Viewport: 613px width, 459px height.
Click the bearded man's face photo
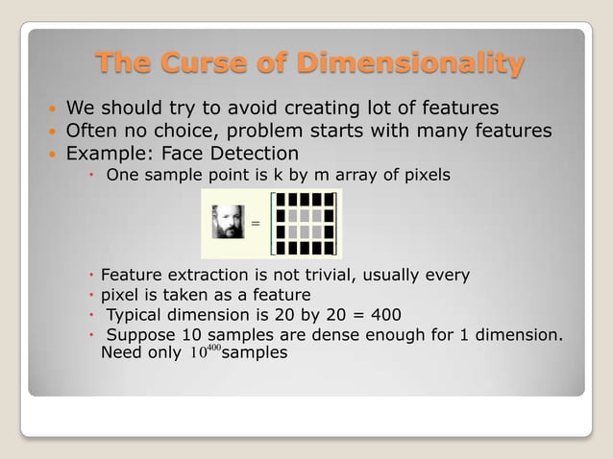(x=228, y=222)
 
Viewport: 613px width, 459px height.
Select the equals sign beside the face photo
(x=256, y=224)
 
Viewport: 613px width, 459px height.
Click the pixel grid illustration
(x=304, y=224)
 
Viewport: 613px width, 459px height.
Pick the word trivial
(x=324, y=276)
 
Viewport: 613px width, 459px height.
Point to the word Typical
(x=135, y=315)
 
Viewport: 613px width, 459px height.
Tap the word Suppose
(x=140, y=335)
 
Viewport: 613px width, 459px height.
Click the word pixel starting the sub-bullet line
(x=120, y=295)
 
